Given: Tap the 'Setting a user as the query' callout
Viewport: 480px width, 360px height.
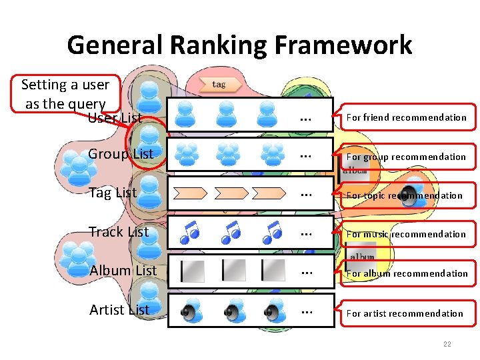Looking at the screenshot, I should coord(65,93).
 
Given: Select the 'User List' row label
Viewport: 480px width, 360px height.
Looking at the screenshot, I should coord(115,119).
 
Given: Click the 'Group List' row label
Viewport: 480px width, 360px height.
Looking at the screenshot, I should coord(121,154).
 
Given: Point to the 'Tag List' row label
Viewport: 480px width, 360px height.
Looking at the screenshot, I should coord(113,193).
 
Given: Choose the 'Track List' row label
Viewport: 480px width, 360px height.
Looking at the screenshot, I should coord(119,232).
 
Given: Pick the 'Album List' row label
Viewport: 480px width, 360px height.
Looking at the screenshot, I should coord(123,271).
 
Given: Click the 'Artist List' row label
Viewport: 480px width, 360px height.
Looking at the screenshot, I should coord(119,309).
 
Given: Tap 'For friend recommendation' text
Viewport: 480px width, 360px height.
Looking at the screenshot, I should coord(406,117).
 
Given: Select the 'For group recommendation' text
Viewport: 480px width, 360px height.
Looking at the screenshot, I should coord(406,157).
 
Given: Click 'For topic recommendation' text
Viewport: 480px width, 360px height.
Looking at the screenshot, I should coord(404,195).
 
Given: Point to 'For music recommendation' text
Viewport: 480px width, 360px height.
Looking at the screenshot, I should coord(406,234).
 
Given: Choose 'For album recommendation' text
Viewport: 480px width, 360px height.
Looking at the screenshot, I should coord(407,273).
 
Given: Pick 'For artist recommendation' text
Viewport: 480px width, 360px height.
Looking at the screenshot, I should coord(404,313).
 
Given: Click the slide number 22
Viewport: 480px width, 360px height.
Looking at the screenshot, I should coord(447,344).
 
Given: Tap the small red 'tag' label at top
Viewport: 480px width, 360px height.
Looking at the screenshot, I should coord(218,85).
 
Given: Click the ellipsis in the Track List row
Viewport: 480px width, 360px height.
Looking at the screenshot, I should coord(306,233).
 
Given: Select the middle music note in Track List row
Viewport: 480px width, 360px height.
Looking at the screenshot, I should coord(231,231).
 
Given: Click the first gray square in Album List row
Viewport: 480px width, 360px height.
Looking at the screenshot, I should coord(193,271).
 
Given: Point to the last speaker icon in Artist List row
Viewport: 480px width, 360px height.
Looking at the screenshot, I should coord(273,311).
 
